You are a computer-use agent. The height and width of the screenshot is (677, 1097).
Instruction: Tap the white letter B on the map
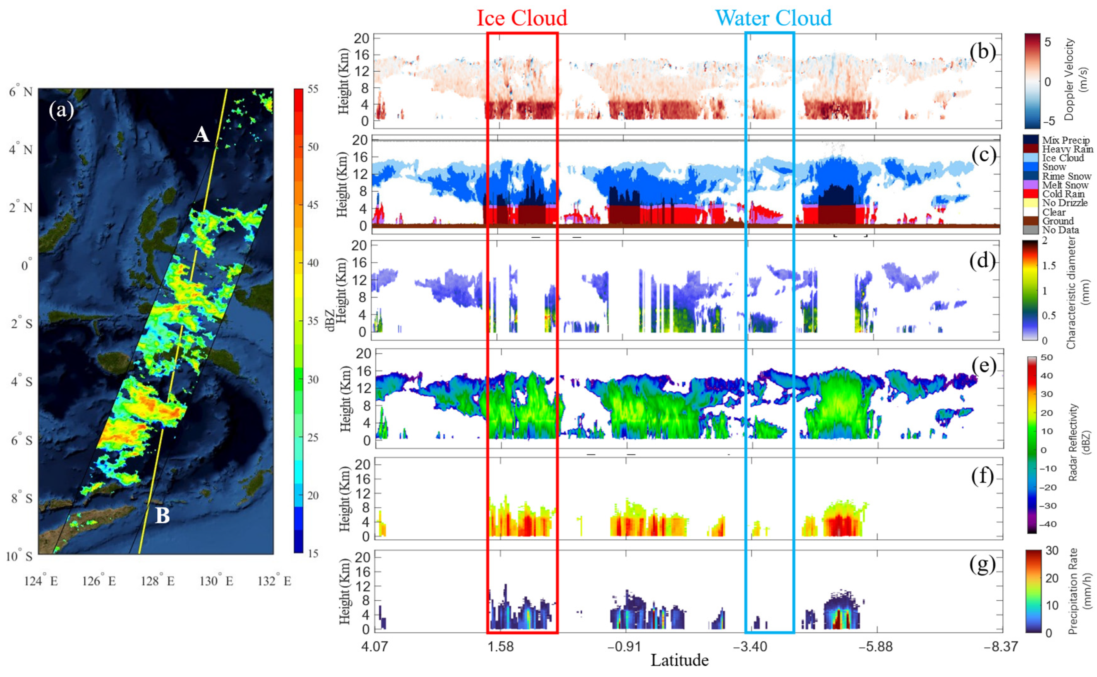(162, 515)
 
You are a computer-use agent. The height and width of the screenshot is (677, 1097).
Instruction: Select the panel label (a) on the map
(62, 110)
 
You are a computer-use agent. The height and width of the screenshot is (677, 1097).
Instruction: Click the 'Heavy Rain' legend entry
(1067, 149)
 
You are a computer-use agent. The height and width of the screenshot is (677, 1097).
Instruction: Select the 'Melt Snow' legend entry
(1065, 185)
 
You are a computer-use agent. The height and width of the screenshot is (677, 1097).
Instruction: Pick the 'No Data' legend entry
(1060, 230)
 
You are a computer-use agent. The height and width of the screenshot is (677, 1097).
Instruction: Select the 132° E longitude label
(274, 581)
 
